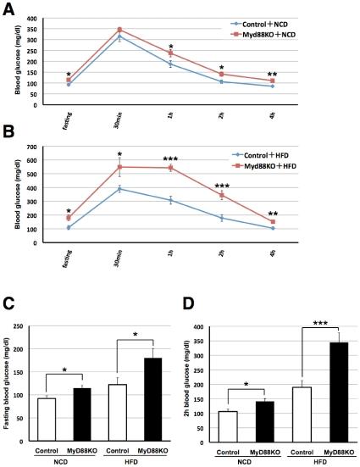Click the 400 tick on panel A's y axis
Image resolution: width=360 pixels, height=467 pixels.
[x=32, y=19]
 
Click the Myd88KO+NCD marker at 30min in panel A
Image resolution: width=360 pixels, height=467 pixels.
[x=119, y=30]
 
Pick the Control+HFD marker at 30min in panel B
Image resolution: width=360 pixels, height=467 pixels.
[x=119, y=189]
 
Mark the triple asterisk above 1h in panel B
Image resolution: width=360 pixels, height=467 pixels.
[x=170, y=158]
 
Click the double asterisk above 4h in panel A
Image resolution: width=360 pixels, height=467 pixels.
[x=272, y=75]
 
